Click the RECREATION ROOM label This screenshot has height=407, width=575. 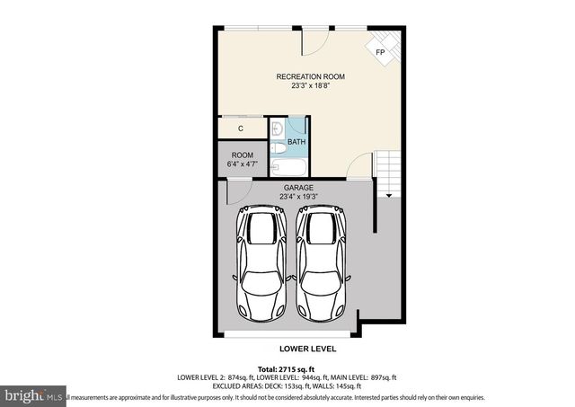[310, 77]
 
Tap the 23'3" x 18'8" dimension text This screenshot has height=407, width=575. [310, 87]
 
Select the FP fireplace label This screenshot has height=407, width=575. [380, 53]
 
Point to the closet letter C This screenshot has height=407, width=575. [241, 129]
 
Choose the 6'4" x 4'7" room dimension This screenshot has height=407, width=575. [243, 164]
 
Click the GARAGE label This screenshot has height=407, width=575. [298, 188]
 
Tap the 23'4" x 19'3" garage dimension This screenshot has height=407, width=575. [298, 197]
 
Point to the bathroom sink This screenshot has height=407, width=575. [277, 129]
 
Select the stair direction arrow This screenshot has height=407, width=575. [389, 193]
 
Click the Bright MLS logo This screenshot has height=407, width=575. [32, 395]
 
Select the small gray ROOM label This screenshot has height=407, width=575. [243, 155]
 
